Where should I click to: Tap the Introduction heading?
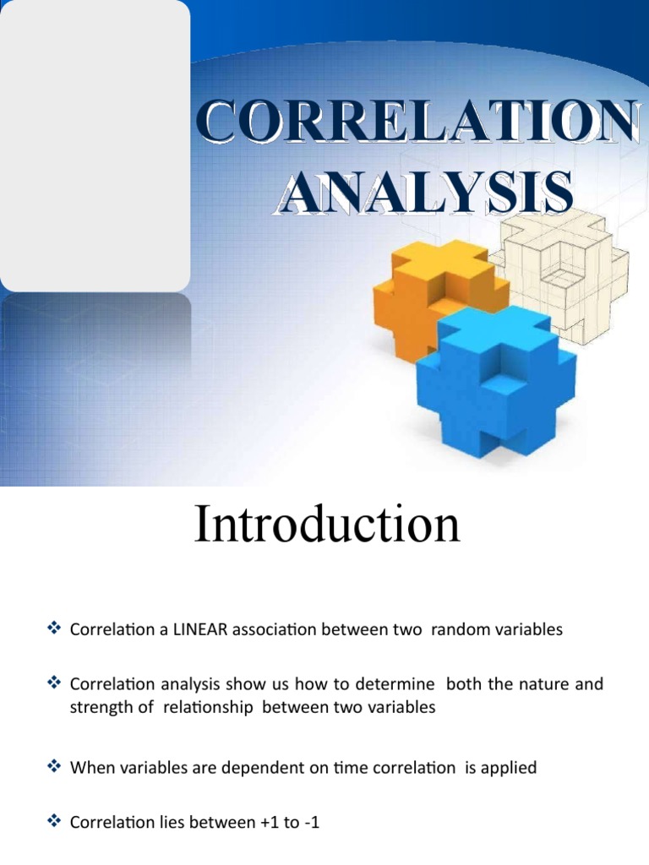pyautogui.click(x=327, y=525)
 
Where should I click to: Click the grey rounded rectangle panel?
pyautogui.click(x=95, y=145)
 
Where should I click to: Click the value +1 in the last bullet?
pyautogui.click(x=264, y=822)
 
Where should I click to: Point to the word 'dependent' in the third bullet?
pyautogui.click(x=244, y=768)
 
